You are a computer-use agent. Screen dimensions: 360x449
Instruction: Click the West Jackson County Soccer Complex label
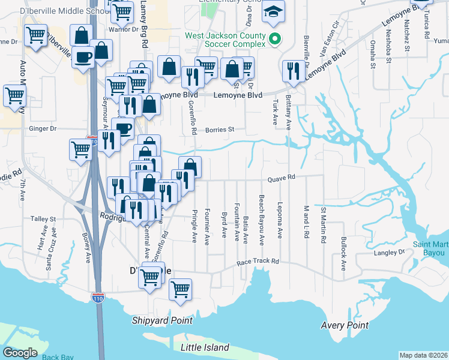[x=225, y=40]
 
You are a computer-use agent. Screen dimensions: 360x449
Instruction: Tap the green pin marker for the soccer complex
[x=276, y=40]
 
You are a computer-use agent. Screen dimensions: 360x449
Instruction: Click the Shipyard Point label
[x=163, y=321]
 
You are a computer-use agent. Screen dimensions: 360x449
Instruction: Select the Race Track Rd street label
[x=258, y=262]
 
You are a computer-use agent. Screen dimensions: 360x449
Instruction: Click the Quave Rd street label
[x=282, y=177]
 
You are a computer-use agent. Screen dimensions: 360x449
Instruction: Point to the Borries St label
[x=218, y=129]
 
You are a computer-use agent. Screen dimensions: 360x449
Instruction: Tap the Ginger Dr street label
[x=42, y=128]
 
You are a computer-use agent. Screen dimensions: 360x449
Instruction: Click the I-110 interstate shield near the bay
[x=98, y=296]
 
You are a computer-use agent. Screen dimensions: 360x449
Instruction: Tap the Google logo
[x=20, y=353]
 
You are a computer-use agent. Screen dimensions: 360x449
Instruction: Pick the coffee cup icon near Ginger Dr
[x=123, y=128]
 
